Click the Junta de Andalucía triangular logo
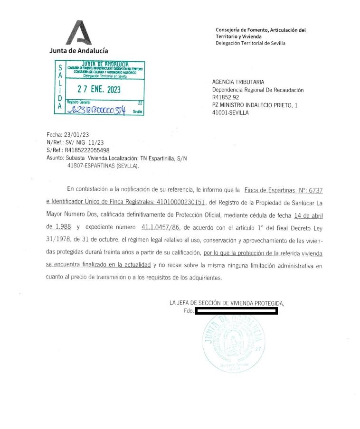78,33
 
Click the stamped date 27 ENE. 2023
99,90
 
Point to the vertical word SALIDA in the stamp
60,88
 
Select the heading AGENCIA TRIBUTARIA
238,82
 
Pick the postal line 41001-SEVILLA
230,112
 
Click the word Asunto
55,158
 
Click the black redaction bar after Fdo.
236,311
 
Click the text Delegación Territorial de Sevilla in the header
251,43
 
